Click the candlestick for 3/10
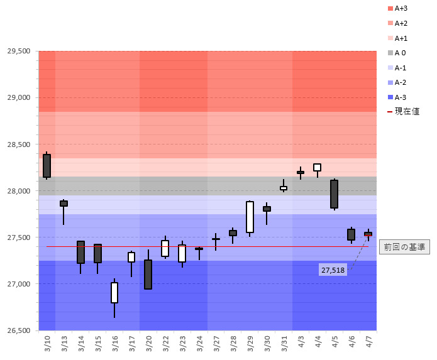point(47,165)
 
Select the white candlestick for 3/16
point(114,293)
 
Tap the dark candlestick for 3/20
point(148,275)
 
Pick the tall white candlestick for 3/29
point(250,217)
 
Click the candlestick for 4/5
point(335,194)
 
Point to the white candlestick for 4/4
point(318,167)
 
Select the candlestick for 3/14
point(81,252)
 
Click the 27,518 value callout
point(333,270)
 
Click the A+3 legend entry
point(398,8)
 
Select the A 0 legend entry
point(397,53)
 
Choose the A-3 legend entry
point(397,97)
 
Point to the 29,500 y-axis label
point(19,52)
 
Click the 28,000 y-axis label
point(19,191)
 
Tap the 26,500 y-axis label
point(19,330)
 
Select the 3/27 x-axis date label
point(216,344)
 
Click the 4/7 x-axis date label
point(368,344)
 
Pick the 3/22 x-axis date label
point(165,344)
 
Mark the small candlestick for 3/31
point(284,188)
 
